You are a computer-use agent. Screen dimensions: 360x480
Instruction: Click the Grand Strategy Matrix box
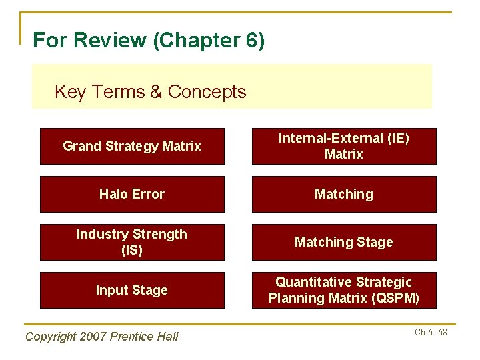point(132,146)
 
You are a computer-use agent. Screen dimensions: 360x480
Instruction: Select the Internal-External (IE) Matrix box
point(344,146)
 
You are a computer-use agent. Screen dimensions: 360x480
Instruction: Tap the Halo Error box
point(132,194)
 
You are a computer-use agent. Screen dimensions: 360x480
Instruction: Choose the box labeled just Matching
point(344,194)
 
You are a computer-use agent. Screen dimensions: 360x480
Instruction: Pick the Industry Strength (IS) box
point(132,242)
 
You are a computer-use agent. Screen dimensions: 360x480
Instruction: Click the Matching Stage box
point(344,242)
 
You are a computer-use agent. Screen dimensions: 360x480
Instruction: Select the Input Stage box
point(132,290)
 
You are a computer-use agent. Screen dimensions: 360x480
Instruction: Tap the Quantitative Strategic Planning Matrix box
point(344,290)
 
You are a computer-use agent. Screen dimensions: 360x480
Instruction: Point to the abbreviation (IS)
point(132,251)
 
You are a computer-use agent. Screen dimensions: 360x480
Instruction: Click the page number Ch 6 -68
point(431,332)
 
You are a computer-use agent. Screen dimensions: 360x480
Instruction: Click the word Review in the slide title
point(111,41)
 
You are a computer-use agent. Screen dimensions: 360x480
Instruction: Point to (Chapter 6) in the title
point(209,41)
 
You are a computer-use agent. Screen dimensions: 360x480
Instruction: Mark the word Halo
point(113,194)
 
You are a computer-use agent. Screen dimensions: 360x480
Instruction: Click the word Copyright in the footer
point(50,337)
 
